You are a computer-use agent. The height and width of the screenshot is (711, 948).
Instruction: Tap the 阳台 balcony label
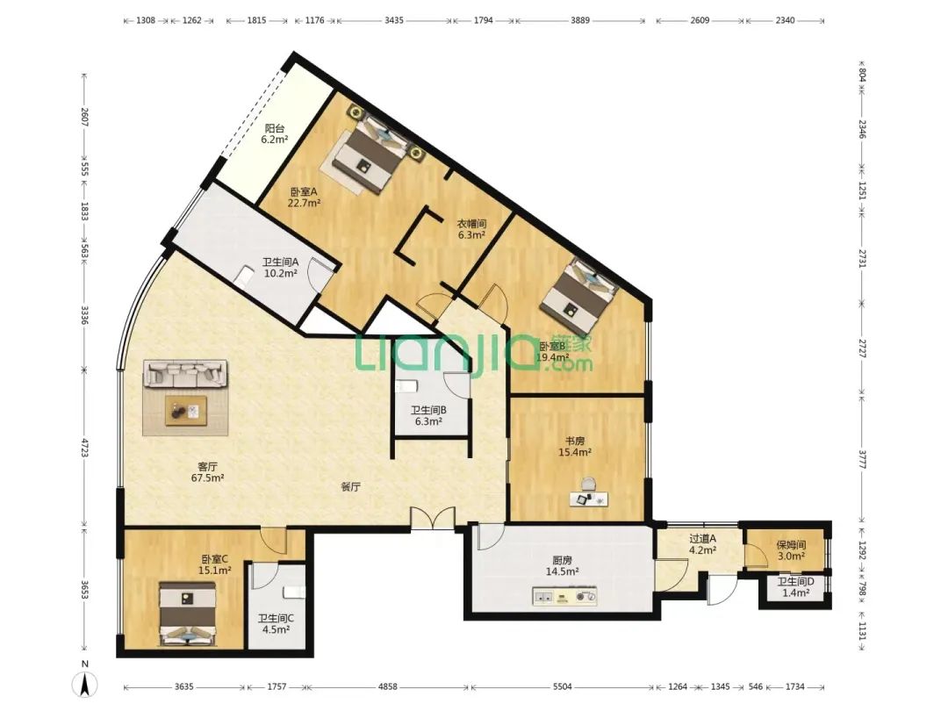[275, 128]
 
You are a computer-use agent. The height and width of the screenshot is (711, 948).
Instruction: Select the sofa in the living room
[185, 374]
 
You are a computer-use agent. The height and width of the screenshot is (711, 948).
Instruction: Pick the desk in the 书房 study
[588, 499]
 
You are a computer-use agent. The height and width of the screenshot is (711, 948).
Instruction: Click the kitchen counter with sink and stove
[564, 596]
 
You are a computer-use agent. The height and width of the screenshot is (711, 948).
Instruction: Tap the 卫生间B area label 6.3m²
[428, 421]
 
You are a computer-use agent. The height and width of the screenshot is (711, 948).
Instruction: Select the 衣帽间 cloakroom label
[471, 224]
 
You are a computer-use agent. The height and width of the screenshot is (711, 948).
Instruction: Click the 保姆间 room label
[792, 545]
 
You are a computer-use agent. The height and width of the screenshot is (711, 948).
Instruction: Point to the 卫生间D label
[795, 582]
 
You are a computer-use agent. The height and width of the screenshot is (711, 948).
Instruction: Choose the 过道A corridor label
[702, 539]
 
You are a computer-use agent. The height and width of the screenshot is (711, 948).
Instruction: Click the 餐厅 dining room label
[350, 486]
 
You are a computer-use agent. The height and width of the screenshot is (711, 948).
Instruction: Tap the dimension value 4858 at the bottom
[388, 686]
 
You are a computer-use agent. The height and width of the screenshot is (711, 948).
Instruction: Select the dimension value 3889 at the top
[580, 20]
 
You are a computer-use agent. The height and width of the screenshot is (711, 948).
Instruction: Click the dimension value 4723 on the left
[85, 451]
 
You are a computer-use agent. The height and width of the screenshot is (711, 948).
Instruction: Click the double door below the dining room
[432, 519]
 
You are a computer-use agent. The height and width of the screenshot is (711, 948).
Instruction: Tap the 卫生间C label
[276, 619]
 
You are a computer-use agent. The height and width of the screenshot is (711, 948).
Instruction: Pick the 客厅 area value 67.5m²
[207, 478]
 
